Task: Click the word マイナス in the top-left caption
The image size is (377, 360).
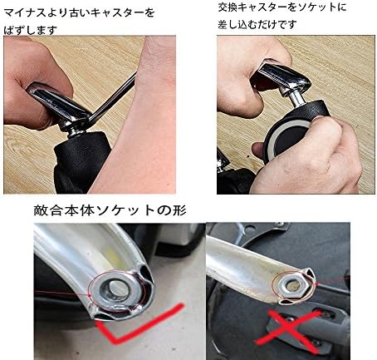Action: click(26, 12)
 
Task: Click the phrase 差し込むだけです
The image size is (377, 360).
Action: click(258, 26)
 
